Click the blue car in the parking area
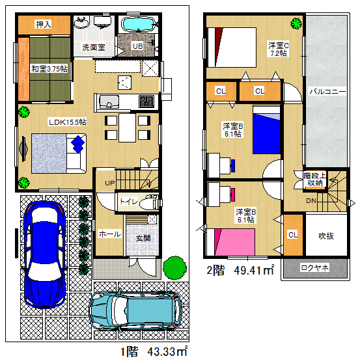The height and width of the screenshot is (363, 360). [x=44, y=254]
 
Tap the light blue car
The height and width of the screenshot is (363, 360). [x=136, y=310]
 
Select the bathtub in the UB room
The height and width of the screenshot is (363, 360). [x=138, y=24]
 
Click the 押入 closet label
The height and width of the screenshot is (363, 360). [x=44, y=24]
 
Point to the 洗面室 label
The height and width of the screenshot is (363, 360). [x=94, y=47]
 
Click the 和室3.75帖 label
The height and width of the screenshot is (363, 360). [x=49, y=69]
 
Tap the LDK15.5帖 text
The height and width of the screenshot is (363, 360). [x=68, y=122]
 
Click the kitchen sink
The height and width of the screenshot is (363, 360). [x=109, y=102]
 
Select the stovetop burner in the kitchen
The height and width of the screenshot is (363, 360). [x=146, y=101]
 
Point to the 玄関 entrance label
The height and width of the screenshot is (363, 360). [x=143, y=238]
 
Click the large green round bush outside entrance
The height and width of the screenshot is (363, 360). [x=174, y=267]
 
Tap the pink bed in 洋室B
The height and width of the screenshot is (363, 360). [x=234, y=242]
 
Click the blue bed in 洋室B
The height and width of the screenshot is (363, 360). [x=266, y=130]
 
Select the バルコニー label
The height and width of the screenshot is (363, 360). [x=327, y=92]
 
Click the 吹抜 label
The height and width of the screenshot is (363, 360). [x=326, y=236]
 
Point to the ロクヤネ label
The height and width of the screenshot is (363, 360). [x=314, y=268]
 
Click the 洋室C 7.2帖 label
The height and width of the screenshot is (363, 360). [x=279, y=49]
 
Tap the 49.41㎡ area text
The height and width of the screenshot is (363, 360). [x=254, y=270]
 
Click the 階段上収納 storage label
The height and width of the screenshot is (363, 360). [x=314, y=179]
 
